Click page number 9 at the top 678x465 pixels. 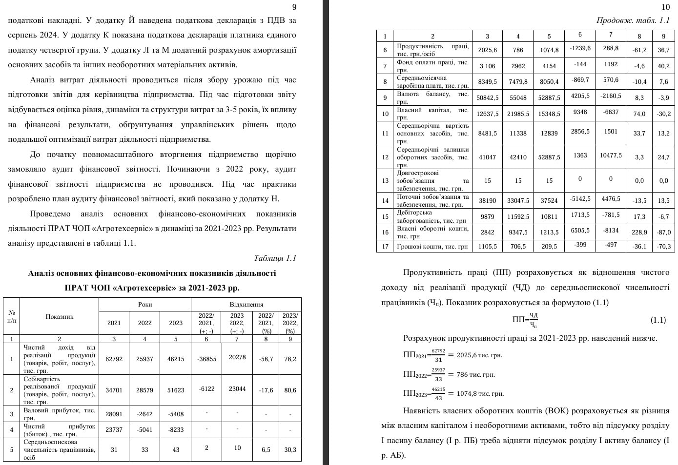pos(294,7)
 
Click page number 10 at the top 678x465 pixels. pos(666,7)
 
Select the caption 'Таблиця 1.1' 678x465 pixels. pos(275,258)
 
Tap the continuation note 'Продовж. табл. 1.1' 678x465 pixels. pos(633,20)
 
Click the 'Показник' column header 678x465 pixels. pos(60,316)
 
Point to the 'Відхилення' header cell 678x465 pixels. pos(246,304)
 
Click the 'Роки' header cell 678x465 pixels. pos(145,304)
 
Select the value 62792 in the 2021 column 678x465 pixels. pos(114,359)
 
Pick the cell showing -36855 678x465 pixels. pos(206,359)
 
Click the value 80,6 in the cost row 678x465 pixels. pos(290,390)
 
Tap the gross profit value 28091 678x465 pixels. pos(114,414)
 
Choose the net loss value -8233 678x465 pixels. pos(176,430)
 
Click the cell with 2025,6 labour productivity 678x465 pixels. pos(488,50)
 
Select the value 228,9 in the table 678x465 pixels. pos(639,232)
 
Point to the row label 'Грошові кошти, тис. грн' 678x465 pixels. pos(432,247)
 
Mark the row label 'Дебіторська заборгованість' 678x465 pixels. pos(432,216)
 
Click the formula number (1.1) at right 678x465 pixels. pos(658,320)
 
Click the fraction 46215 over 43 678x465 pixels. pos(438,393)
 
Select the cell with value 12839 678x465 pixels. pos(549,133)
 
